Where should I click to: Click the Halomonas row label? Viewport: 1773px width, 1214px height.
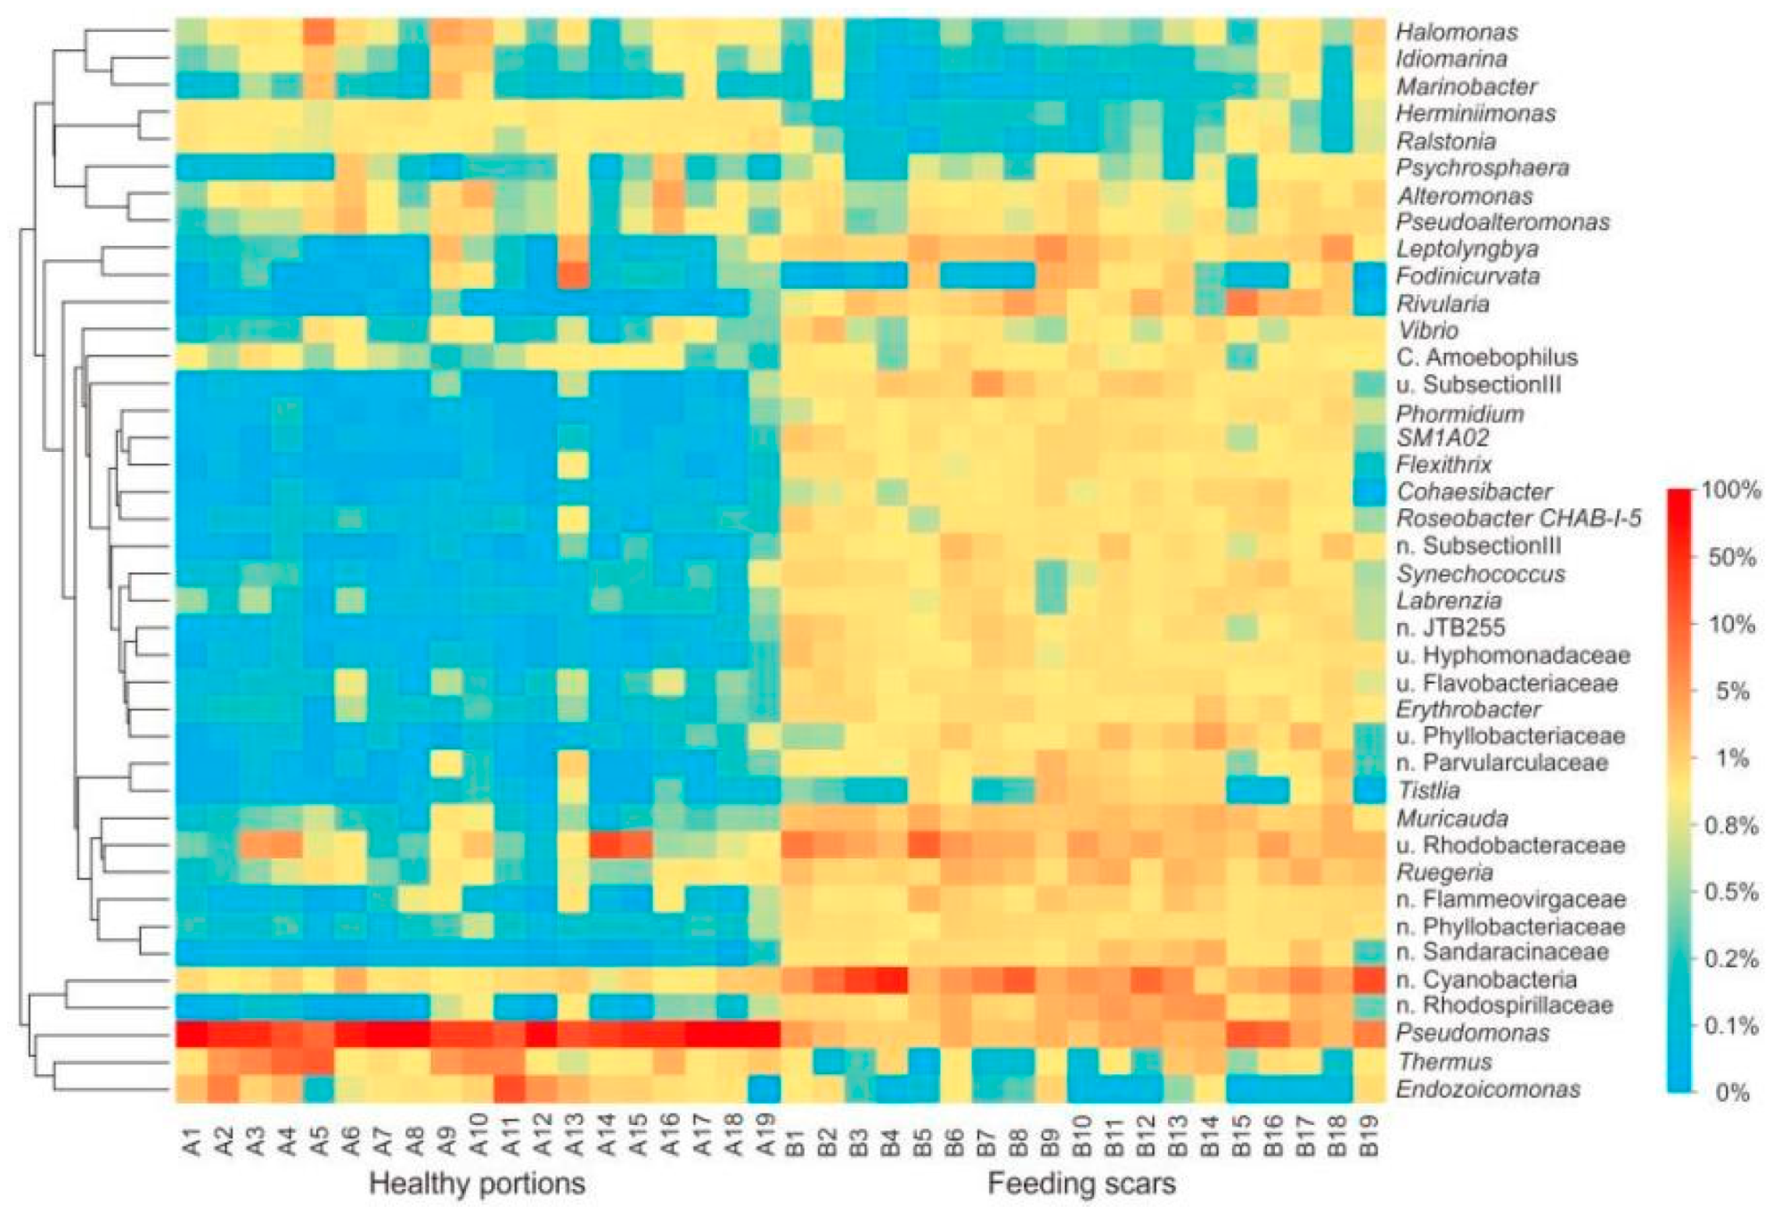pyautogui.click(x=1456, y=32)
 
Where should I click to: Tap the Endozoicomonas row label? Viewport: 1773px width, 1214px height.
pyautogui.click(x=1488, y=1088)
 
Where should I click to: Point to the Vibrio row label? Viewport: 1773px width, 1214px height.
pyautogui.click(x=1427, y=330)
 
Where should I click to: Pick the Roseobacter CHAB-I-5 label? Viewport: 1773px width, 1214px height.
pyautogui.click(x=1518, y=518)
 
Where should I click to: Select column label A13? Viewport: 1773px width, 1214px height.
pyautogui.click(x=574, y=1136)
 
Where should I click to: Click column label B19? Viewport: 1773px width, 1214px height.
pyautogui.click(x=1369, y=1136)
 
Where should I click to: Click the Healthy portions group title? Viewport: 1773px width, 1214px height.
pyautogui.click(x=477, y=1184)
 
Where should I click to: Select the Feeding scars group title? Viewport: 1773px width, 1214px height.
pyautogui.click(x=1081, y=1184)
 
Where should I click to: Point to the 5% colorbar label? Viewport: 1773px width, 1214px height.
pyautogui.click(x=1732, y=691)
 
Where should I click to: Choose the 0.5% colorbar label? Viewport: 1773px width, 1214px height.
pyautogui.click(x=1730, y=892)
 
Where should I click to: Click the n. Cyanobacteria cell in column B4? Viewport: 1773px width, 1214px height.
pyautogui.click(x=892, y=979)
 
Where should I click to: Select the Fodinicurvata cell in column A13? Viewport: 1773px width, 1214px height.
pyautogui.click(x=574, y=275)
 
